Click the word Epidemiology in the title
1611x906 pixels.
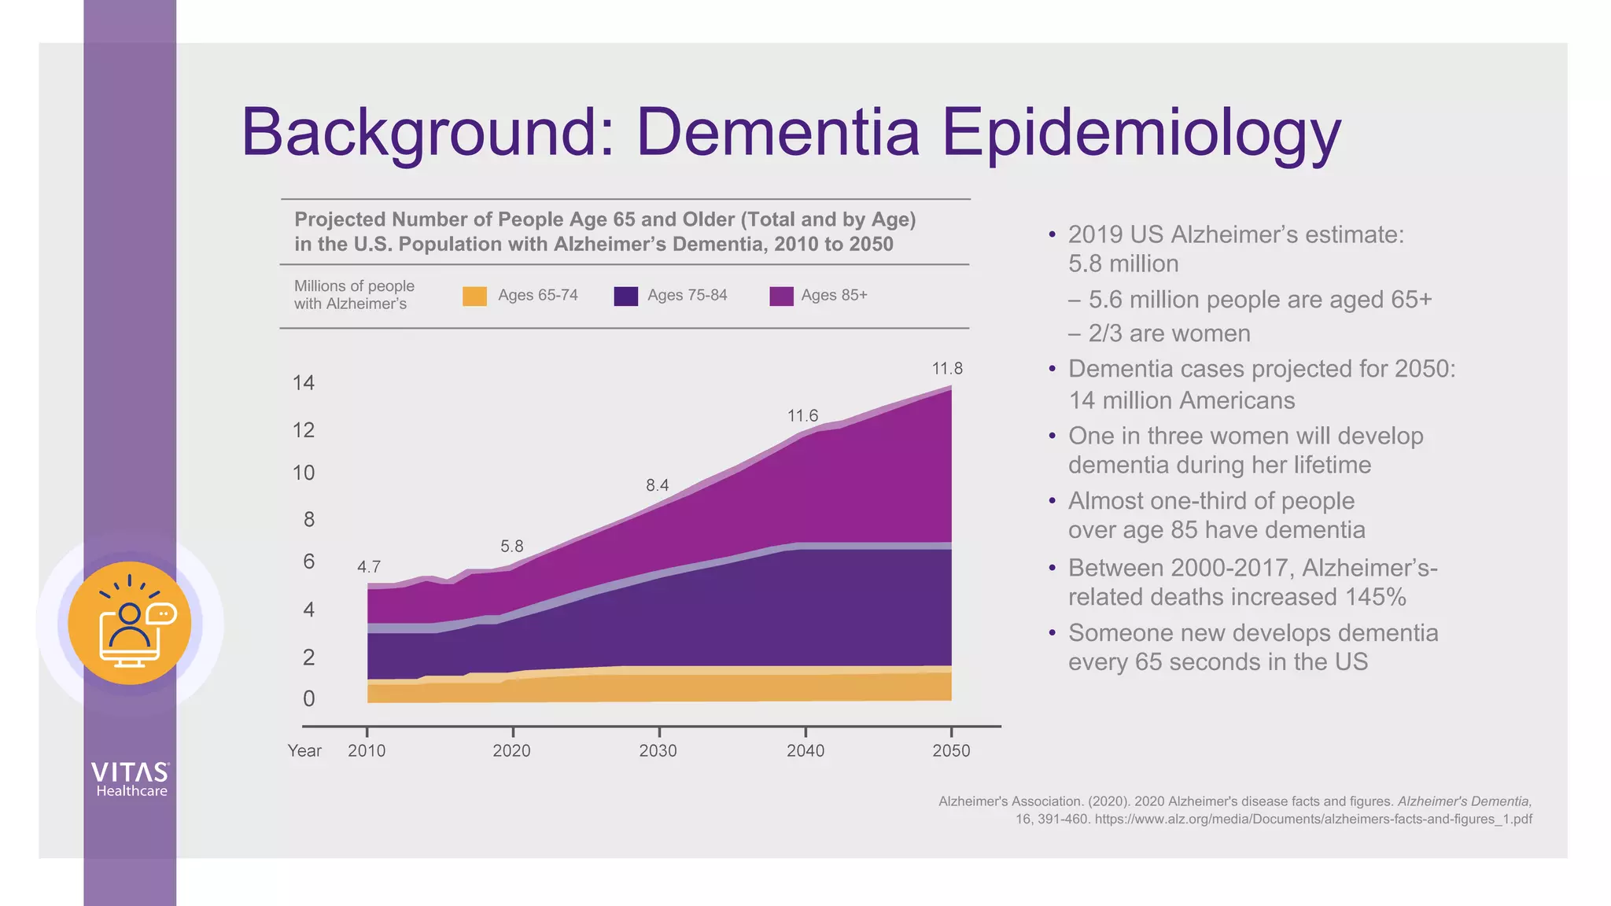point(1141,132)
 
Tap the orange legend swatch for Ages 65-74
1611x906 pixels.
point(474,296)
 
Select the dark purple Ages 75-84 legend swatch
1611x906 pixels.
point(625,296)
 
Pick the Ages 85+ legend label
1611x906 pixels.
point(834,295)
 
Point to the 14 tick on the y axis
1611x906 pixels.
point(303,383)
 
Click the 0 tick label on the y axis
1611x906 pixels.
point(308,698)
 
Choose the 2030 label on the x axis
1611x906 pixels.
point(658,750)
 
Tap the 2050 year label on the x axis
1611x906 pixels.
point(951,750)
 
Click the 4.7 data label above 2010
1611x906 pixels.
point(368,567)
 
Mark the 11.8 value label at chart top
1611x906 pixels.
point(947,369)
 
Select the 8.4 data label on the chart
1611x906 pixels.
point(657,485)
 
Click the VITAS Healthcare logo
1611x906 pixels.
point(131,779)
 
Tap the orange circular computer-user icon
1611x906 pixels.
point(130,623)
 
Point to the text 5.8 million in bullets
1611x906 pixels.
point(1123,263)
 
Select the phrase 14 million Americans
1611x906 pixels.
point(1181,400)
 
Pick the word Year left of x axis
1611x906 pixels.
point(304,750)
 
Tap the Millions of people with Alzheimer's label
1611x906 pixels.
point(353,295)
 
